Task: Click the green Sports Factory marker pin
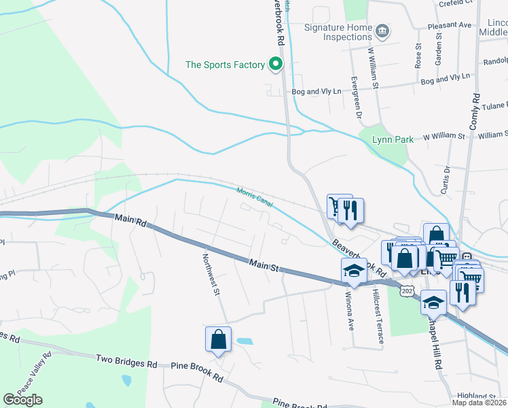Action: [275, 65]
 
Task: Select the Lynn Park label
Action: [393, 139]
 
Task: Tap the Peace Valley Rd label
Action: [34, 374]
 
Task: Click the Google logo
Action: [22, 400]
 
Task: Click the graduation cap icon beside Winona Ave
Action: [353, 271]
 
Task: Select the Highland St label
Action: [477, 396]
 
